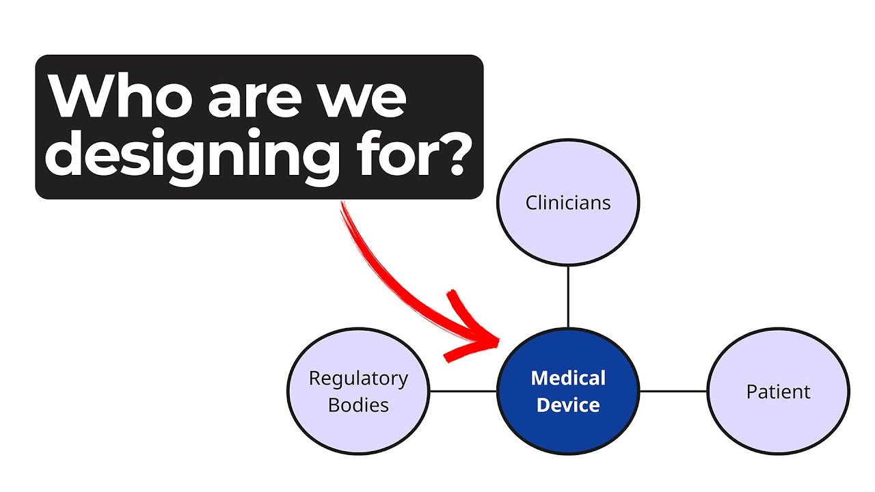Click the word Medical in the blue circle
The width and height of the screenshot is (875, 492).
click(x=568, y=378)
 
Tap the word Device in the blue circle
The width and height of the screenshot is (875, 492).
click(x=568, y=405)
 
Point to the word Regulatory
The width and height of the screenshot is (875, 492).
click(x=358, y=379)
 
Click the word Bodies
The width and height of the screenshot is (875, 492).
click(x=358, y=405)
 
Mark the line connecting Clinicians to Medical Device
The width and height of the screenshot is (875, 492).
click(x=568, y=297)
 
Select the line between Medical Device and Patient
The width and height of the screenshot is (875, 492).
click(x=673, y=392)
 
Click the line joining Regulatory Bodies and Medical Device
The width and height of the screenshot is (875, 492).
click(x=463, y=392)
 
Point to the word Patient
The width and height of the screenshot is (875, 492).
click(x=778, y=392)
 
